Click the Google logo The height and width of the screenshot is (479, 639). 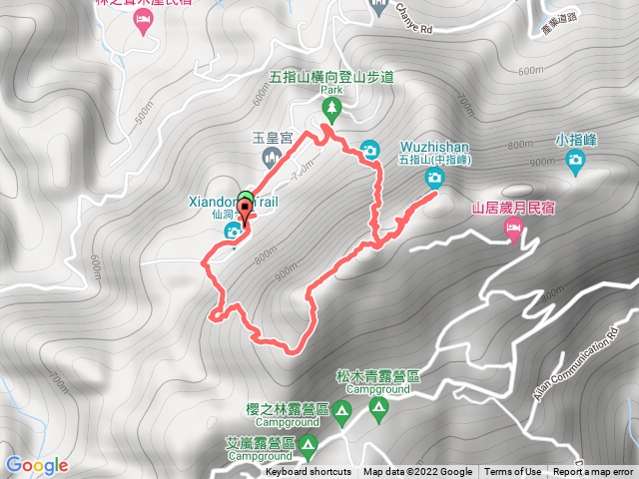point(37,465)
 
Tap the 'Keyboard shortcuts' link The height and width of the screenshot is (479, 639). point(309,472)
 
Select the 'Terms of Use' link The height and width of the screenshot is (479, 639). point(513,472)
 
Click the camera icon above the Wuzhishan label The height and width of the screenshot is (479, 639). point(434,179)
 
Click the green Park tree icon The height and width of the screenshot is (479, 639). point(331,107)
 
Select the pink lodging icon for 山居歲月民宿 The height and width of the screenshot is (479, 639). point(514,232)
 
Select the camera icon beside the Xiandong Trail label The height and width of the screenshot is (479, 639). point(233,232)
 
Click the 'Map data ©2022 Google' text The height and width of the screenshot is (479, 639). point(417,472)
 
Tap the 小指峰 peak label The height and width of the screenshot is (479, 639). point(577,141)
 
